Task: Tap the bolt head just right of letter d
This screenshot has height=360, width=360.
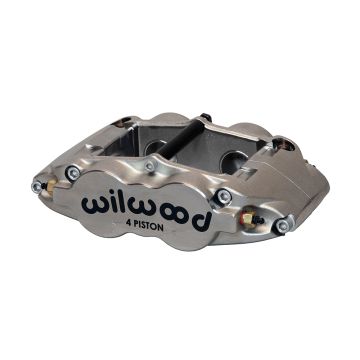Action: coord(224,196)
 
